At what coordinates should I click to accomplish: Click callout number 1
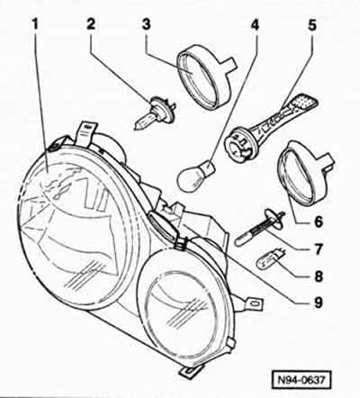pos(35,24)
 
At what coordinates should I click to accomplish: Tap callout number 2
pos(91,24)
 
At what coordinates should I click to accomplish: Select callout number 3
pos(146,24)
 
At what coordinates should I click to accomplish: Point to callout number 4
pos(255,25)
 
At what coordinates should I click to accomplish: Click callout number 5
pos(311,25)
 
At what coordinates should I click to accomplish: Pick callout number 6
pos(318,222)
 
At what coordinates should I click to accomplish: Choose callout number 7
pos(318,249)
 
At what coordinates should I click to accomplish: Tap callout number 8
pos(318,276)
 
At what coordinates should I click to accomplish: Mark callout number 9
pos(318,303)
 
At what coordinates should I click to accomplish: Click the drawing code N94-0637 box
pos(301,380)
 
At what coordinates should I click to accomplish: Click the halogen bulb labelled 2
pos(155,112)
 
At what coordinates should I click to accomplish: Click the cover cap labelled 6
pos(307,172)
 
